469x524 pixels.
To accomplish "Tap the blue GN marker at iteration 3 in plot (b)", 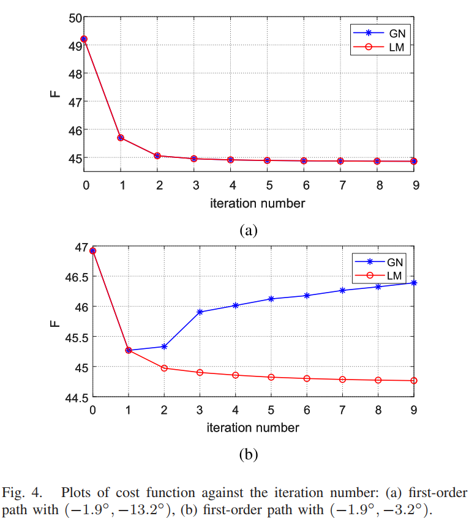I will click(200, 312).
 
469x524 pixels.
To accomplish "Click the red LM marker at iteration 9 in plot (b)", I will click(415, 381).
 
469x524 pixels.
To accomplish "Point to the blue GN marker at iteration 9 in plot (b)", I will click(415, 282).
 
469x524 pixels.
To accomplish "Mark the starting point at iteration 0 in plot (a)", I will click(84, 39).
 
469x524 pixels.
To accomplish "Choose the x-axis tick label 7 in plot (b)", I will click(342, 410).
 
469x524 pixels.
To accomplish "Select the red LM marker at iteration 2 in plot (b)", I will click(164, 368).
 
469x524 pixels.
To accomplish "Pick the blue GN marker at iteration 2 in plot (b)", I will click(164, 346).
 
